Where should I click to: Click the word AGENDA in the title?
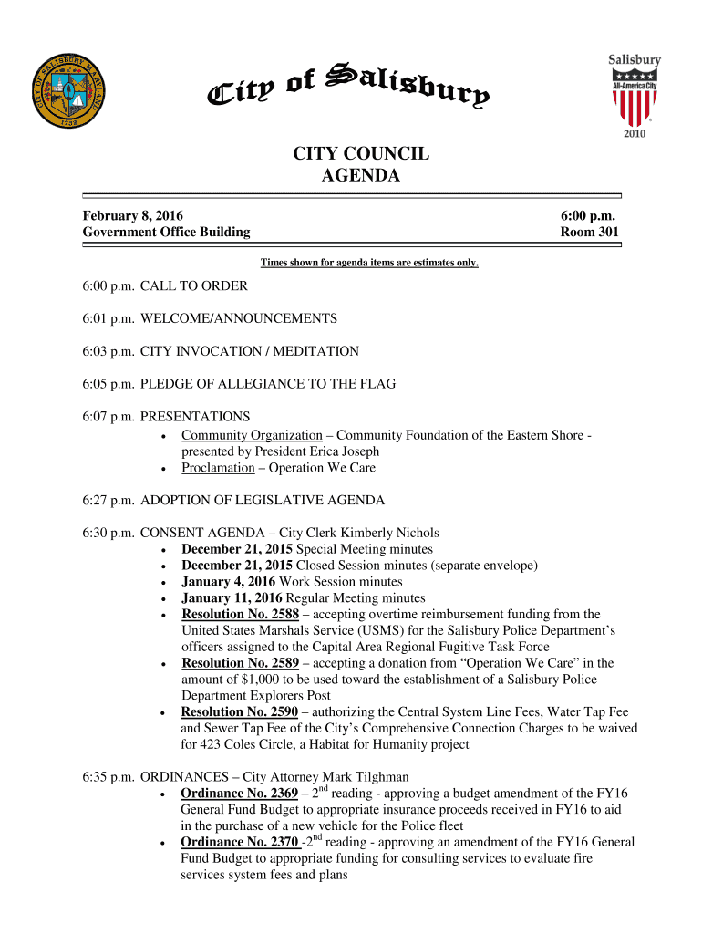(x=361, y=176)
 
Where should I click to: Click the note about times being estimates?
(x=369, y=263)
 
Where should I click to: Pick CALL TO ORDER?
(x=193, y=285)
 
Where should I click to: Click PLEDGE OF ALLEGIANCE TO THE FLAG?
(x=267, y=384)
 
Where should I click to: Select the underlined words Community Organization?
(x=252, y=435)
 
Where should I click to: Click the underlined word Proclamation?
(x=218, y=468)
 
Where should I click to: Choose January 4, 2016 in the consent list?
(x=228, y=582)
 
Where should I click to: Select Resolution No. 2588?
(x=240, y=614)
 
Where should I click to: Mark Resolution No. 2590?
(x=239, y=711)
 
